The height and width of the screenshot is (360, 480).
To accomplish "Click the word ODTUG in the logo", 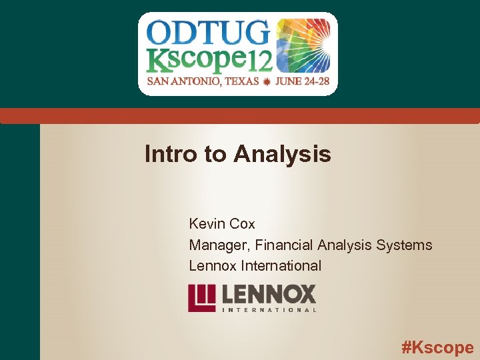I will click(207, 32).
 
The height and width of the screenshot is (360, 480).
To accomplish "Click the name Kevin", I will click(206, 224).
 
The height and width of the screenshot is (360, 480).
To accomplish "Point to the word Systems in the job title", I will click(404, 245).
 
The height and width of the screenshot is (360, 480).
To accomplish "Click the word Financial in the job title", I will click(281, 245).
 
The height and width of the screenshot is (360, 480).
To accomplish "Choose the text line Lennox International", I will click(255, 265).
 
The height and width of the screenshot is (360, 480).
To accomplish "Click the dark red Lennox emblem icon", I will click(201, 298).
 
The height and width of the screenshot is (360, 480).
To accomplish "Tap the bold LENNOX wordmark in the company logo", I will click(269, 294).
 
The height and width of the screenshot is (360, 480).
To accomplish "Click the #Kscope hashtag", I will click(437, 347).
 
